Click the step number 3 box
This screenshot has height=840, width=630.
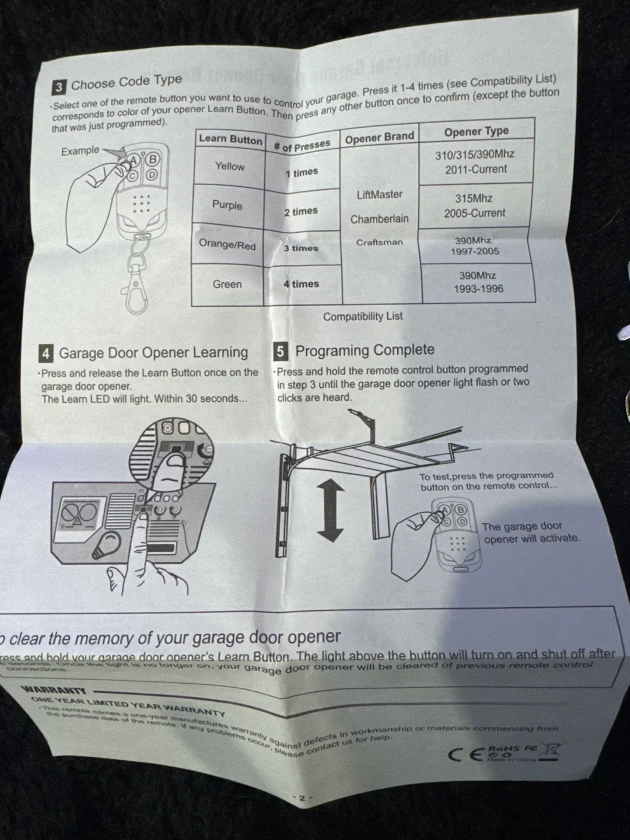point(58,87)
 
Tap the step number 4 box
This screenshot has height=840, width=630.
point(46,353)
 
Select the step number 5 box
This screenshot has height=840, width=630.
point(280,351)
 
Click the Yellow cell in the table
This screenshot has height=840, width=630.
point(229,166)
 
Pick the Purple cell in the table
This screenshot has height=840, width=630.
point(227,205)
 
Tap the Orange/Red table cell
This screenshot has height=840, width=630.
point(227,244)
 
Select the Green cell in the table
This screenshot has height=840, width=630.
point(227,284)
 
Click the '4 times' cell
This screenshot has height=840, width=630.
point(301,284)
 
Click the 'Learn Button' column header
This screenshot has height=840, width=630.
point(230,139)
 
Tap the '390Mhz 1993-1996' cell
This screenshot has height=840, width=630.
point(478,282)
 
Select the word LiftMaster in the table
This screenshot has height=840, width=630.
point(379,195)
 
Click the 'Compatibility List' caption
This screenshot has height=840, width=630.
point(363,316)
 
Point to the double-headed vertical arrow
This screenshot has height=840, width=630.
point(330,510)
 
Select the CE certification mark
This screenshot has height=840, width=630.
point(465,755)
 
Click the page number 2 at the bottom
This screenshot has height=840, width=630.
point(302,798)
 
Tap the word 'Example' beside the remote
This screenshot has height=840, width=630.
point(80,150)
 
